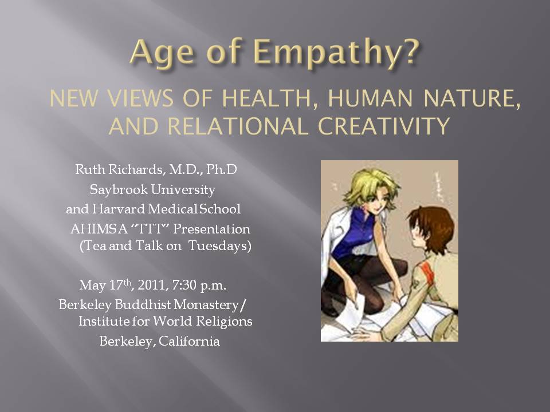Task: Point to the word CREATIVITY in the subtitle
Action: pos(384,126)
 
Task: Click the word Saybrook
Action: pos(119,189)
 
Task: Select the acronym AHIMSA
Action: pos(99,229)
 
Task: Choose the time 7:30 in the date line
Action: pos(184,285)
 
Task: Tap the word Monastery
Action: pos(206,304)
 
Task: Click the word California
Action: pos(189,341)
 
